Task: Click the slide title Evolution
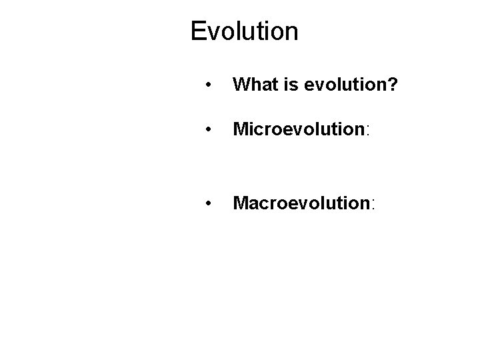click(244, 31)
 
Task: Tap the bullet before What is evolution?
click(209, 85)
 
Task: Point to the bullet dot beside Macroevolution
click(209, 202)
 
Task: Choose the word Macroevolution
click(300, 201)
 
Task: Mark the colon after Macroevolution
click(372, 203)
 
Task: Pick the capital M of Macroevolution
click(240, 201)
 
